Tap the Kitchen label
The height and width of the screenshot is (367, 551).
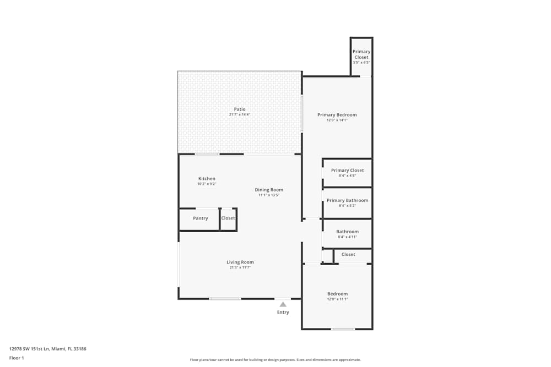click(207, 179)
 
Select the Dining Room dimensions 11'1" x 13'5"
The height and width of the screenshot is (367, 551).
click(269, 195)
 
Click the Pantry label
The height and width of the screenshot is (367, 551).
click(201, 218)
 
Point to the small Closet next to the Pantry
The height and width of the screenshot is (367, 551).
click(228, 218)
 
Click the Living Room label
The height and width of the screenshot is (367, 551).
click(240, 262)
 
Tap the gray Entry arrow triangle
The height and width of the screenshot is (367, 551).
click(283, 304)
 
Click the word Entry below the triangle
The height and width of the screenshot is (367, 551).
click(283, 313)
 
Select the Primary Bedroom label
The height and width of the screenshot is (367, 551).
click(337, 115)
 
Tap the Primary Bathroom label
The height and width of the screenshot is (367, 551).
click(347, 201)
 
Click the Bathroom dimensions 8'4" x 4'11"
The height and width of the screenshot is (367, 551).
click(347, 237)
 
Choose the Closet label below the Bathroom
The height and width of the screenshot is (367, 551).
click(348, 255)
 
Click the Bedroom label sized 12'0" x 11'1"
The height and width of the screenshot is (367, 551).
click(337, 294)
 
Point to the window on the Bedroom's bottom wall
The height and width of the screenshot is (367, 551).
click(343, 329)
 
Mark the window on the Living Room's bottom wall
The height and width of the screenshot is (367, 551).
click(225, 299)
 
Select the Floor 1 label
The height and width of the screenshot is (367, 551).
click(17, 358)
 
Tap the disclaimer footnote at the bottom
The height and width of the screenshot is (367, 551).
click(275, 360)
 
